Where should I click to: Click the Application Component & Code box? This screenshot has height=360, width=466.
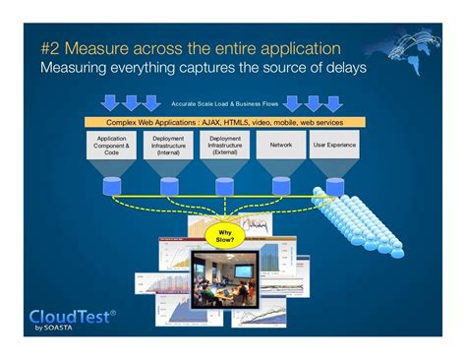coord(112,146)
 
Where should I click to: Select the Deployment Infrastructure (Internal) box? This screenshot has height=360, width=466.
coord(169,146)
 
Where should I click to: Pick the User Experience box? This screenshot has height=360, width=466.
coord(334,145)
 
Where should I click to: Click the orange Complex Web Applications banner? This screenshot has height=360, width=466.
coord(226,121)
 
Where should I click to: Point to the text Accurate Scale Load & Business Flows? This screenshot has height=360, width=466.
coord(225,102)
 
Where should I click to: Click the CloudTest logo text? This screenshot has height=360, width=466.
coord(70,316)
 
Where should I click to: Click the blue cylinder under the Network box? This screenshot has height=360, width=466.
coord(282,185)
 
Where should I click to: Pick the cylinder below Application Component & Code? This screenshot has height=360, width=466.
coord(112,186)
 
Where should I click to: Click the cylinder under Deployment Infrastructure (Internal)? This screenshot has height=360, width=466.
coord(169,186)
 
